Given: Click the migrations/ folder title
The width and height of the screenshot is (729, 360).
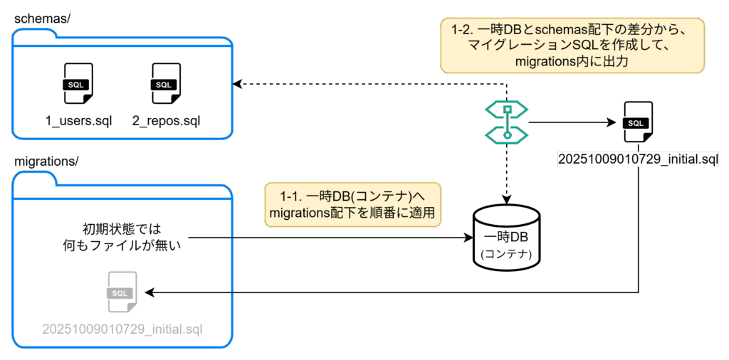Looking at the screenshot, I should point(46,162).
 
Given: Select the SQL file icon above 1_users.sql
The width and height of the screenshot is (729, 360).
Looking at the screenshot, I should point(78,84).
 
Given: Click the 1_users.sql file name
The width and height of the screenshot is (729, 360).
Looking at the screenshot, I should point(78,120).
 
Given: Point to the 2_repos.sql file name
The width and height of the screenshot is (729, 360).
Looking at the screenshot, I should point(166,120).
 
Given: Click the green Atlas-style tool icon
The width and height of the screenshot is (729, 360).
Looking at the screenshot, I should point(506,122).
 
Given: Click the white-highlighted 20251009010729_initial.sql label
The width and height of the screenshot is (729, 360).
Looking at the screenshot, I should point(638,159).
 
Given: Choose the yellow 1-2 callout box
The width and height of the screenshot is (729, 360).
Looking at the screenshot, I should point(572,46).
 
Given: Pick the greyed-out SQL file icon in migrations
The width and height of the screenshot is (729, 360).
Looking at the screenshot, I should point(121,292).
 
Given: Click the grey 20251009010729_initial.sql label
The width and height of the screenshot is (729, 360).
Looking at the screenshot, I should point(122,329).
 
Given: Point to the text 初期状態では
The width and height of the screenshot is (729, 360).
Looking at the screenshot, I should point(122,229).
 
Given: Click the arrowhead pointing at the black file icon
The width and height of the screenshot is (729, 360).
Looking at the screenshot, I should point(611,122).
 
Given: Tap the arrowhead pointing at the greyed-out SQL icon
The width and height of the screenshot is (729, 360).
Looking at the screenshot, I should point(150,292).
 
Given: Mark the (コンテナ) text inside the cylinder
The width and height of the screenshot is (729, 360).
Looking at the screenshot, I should point(506,253).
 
